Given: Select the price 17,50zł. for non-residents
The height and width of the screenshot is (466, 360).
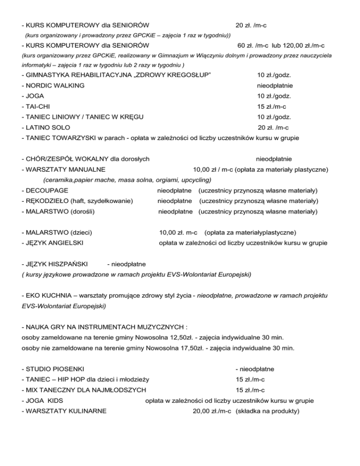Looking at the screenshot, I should click(186, 348).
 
